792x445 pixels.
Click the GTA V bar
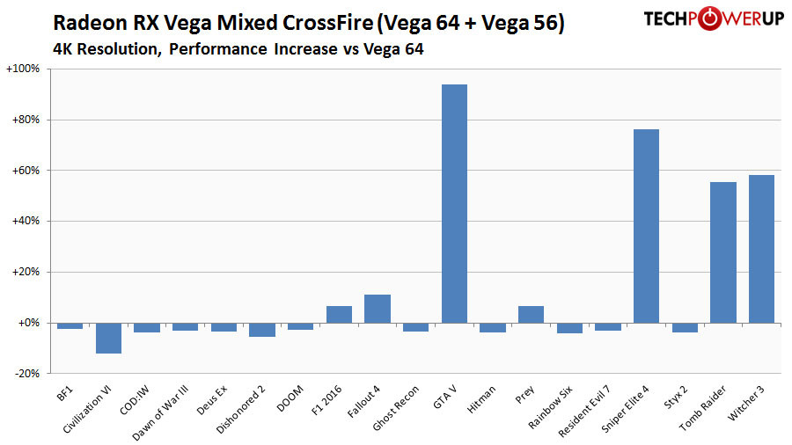[x=454, y=203]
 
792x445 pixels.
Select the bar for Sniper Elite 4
[x=646, y=226]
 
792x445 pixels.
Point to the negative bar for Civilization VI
[x=108, y=338]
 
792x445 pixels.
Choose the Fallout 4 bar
[x=378, y=309]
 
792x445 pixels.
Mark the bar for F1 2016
[x=339, y=314]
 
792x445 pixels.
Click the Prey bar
[x=531, y=314]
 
